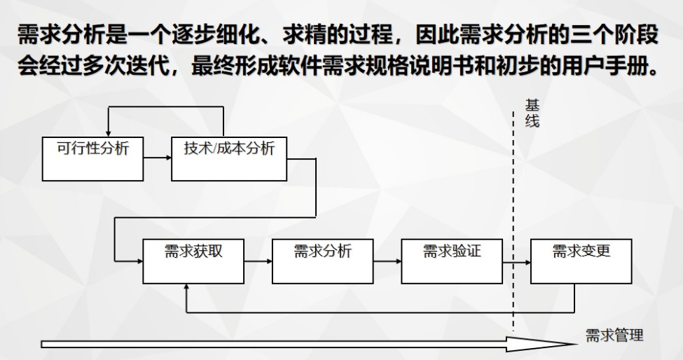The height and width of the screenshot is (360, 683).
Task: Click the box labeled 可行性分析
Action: [x=92, y=158]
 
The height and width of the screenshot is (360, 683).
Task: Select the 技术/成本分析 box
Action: [x=229, y=158]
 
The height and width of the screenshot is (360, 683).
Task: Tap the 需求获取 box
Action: [x=193, y=261]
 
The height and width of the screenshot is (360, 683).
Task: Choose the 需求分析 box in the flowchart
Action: [x=322, y=261]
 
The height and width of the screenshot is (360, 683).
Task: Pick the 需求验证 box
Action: [x=452, y=261]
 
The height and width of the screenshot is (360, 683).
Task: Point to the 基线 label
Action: [x=532, y=113]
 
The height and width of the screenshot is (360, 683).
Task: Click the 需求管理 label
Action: [x=614, y=335]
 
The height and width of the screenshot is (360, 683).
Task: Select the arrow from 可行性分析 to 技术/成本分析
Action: [x=157, y=158]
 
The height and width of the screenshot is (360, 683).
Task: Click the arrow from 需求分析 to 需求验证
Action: [x=387, y=261]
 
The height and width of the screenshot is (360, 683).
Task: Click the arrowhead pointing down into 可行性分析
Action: [x=108, y=133]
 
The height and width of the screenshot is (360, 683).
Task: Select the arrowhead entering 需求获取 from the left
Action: [x=139, y=261]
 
